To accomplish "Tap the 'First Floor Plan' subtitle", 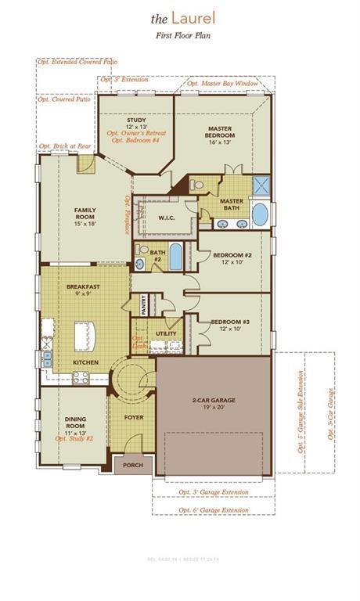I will (180, 35).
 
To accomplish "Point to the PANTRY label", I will (144, 304).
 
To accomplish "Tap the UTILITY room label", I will (166, 333).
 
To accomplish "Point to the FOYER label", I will (134, 417).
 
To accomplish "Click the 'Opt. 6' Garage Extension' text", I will (200, 510).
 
